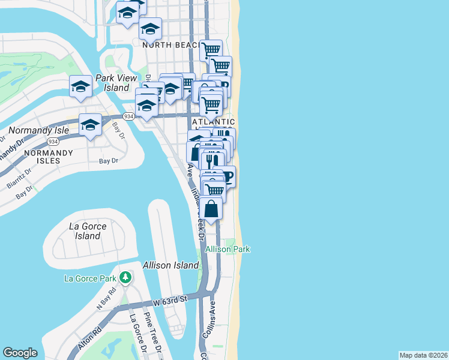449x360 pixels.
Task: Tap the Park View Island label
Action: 113,83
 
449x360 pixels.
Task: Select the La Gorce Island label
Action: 88,231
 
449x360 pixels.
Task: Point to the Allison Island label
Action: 170,265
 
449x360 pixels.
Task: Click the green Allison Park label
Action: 228,249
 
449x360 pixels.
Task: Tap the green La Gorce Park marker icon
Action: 125,278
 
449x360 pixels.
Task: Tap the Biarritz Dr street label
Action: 16,179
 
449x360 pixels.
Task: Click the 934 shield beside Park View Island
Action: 128,116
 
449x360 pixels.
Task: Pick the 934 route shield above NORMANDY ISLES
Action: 53,142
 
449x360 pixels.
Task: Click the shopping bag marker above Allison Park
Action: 211,209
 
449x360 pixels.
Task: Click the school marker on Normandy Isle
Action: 90,125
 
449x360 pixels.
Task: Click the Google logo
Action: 20,353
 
